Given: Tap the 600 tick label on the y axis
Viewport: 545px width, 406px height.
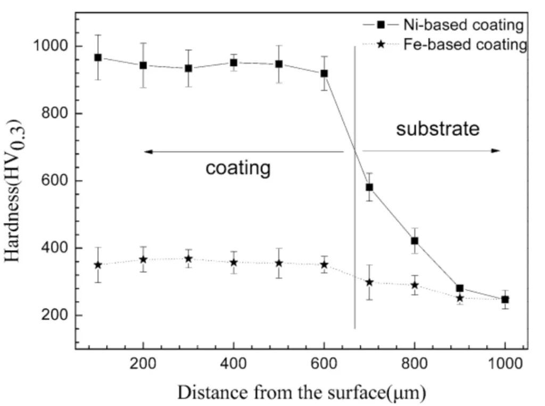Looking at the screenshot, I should click(x=56, y=181).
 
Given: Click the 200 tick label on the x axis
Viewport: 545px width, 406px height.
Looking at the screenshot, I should click(x=143, y=365).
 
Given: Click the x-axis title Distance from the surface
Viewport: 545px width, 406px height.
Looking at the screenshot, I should click(x=301, y=392).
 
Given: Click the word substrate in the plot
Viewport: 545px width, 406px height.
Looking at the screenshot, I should click(x=437, y=128).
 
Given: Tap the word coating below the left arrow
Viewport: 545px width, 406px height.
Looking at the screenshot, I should click(x=238, y=168).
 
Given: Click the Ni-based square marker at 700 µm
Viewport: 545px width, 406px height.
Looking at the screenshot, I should click(x=369, y=187).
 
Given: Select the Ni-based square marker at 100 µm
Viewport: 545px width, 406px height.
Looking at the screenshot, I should click(x=98, y=57).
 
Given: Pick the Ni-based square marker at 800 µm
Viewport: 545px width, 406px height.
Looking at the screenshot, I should click(x=415, y=241).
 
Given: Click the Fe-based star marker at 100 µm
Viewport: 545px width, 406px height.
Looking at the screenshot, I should click(x=98, y=265).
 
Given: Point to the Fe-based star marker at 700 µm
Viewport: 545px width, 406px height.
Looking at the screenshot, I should click(x=369, y=282).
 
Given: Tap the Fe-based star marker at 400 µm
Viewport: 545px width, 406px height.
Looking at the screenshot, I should click(x=234, y=262).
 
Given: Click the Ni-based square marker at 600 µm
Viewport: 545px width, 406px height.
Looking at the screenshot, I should click(x=324, y=73).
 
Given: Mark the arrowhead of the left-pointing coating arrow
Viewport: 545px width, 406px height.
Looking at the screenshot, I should click(x=148, y=152).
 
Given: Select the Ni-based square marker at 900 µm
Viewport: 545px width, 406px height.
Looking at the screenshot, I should click(x=460, y=288).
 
